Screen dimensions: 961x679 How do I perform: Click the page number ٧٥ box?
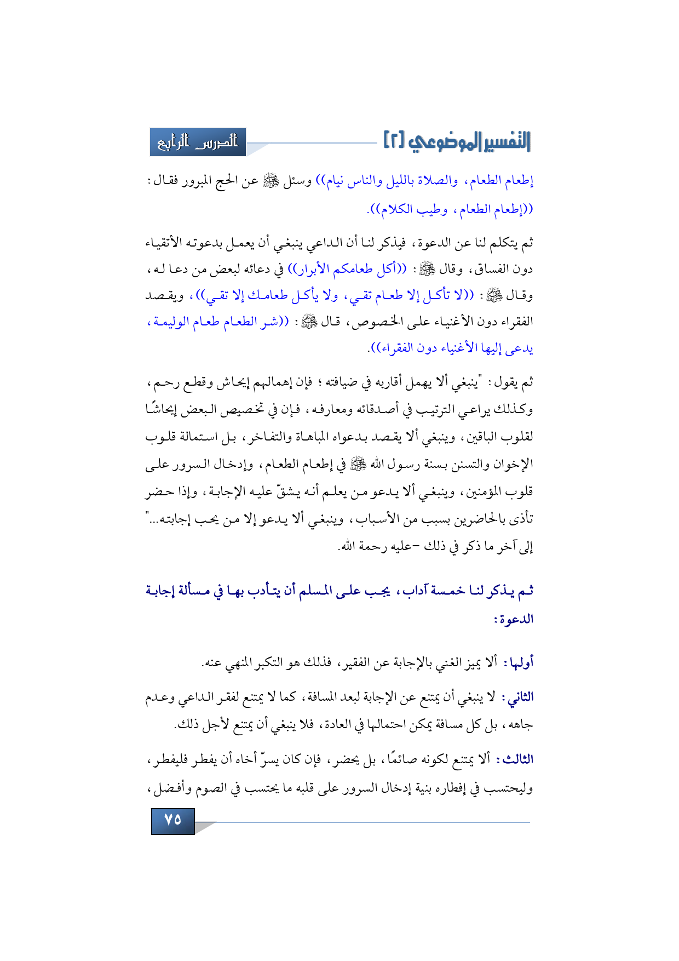coord(172,820)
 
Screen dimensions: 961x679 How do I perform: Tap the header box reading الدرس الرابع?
coord(198,142)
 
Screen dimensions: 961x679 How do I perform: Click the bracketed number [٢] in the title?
coord(394,141)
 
